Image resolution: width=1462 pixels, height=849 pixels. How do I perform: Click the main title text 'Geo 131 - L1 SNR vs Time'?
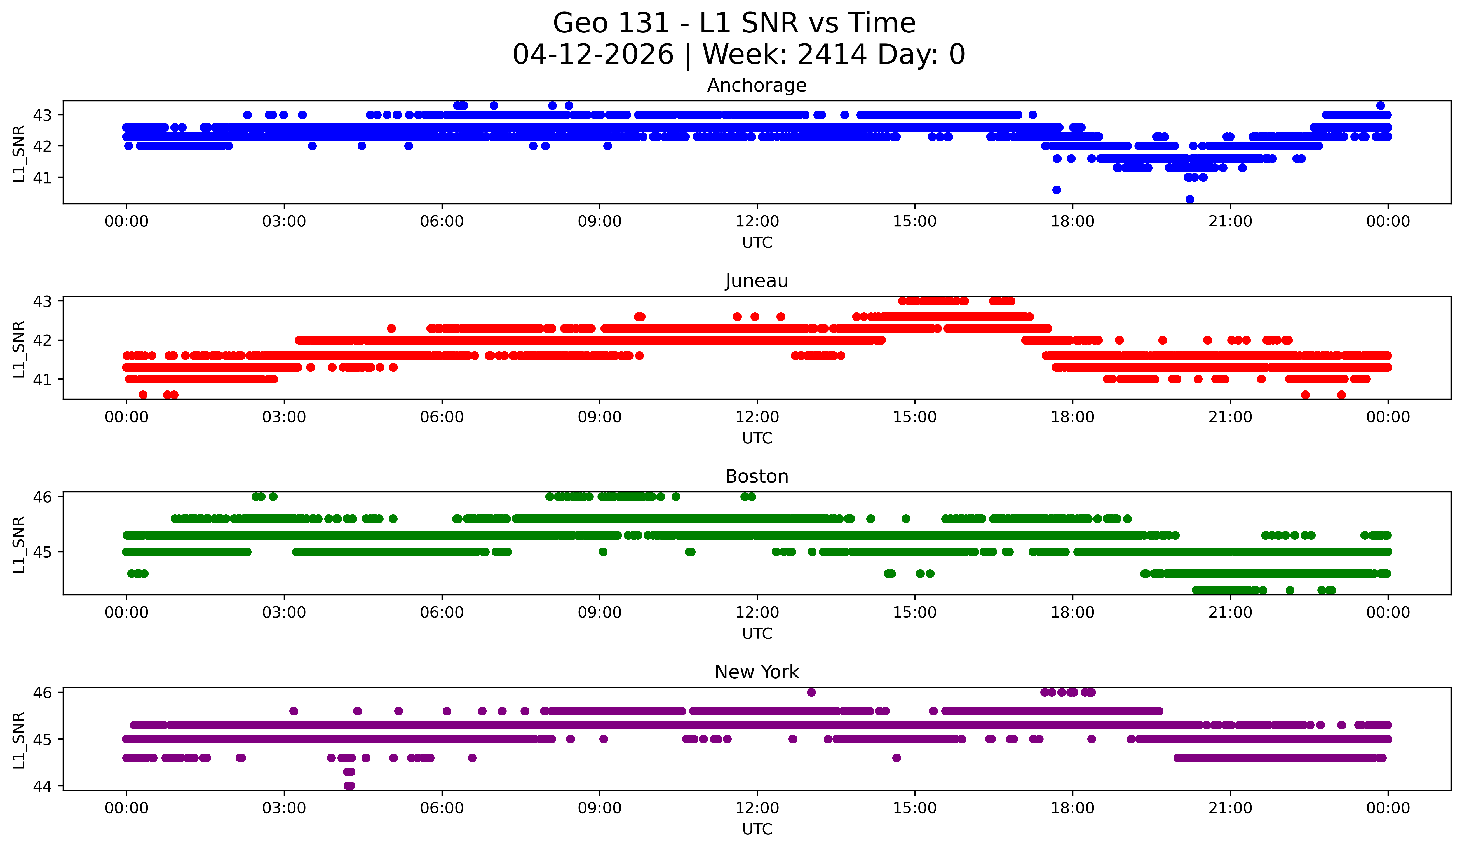point(734,23)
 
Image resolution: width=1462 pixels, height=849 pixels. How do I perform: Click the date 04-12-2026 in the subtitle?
point(593,55)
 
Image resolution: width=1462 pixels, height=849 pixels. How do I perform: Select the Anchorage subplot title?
point(757,85)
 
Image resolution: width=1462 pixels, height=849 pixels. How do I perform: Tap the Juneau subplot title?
point(757,281)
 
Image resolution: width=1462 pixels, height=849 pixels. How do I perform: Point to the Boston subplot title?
point(757,476)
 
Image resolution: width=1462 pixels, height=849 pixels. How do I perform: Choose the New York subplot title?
point(757,672)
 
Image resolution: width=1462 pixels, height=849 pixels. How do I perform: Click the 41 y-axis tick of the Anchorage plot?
point(42,177)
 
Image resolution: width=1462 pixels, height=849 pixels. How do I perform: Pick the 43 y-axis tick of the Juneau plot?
point(42,301)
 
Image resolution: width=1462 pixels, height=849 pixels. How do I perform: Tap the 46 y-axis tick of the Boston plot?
point(42,497)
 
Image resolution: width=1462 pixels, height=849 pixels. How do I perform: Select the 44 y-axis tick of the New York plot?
point(42,786)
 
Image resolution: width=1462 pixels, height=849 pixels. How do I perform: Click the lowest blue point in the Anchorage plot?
point(1189,199)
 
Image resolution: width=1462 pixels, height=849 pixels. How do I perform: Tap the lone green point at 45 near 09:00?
point(603,552)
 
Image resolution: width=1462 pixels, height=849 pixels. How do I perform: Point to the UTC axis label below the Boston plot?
point(757,634)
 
